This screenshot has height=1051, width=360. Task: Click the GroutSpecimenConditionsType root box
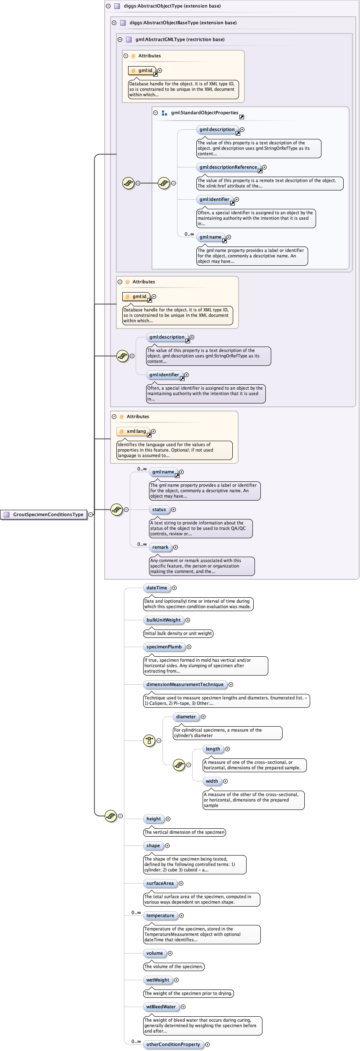[44, 514]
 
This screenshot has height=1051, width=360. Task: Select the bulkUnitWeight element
[163, 620]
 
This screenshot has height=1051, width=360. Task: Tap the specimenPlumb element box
[164, 647]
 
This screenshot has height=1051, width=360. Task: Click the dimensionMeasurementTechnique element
[185, 684]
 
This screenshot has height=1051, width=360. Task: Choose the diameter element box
[185, 717]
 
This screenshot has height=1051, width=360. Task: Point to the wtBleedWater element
[161, 1007]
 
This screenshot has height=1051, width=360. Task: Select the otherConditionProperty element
[173, 1044]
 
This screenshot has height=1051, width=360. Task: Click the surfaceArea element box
[160, 883]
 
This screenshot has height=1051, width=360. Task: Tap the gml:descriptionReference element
[228, 167]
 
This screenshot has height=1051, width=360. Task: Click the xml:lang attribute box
[134, 431]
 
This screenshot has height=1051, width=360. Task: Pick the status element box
[159, 509]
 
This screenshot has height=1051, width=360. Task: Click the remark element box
[160, 547]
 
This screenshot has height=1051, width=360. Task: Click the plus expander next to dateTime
[175, 588]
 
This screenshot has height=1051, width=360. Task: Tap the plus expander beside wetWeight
[177, 980]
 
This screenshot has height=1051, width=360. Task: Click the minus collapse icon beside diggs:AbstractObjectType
[108, 6]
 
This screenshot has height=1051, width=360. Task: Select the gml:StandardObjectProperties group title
[204, 113]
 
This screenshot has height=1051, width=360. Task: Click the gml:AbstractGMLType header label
[180, 39]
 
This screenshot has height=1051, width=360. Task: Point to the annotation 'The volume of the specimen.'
[174, 966]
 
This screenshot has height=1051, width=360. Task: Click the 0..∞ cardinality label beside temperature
[136, 912]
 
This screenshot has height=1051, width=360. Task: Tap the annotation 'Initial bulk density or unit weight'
[178, 633]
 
